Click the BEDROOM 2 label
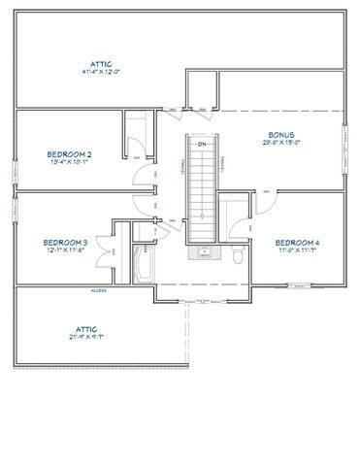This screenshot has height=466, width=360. tap(69, 153)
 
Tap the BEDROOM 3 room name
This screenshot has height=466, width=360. tap(66, 242)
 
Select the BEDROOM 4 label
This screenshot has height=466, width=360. tap(297, 242)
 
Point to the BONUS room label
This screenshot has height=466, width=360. tap(281, 135)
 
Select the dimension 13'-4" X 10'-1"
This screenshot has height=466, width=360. tap(69, 162)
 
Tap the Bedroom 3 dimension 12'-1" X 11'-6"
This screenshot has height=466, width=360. tap(66, 250)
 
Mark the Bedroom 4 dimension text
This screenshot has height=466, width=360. tap(297, 250)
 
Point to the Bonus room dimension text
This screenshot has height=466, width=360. tap(281, 144)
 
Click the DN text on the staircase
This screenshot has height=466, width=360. tap(202, 145)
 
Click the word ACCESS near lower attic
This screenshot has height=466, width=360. tap(98, 291)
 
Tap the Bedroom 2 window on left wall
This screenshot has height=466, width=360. tap(15, 171)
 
